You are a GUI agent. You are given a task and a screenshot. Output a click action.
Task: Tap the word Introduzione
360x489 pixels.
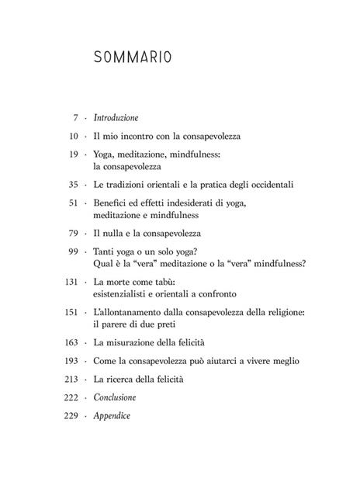(116, 118)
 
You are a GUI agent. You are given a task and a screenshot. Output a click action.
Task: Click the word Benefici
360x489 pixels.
(110, 203)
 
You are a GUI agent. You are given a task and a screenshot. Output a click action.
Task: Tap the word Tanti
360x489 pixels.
(106, 250)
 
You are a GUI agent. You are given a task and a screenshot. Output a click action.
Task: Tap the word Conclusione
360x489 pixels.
(116, 397)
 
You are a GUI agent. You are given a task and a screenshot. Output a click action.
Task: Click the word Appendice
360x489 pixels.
(113, 416)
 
